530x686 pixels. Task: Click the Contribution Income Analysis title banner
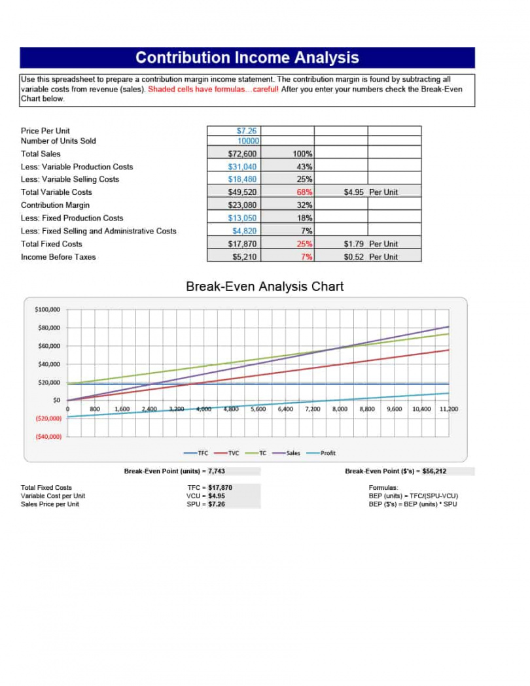[247, 58]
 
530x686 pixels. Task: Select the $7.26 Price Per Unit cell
[247, 131]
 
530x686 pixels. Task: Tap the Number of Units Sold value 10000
[248, 141]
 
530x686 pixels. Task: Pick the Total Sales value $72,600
[245, 154]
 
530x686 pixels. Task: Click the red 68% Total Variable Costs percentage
[305, 192]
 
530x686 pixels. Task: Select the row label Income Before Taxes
[58, 257]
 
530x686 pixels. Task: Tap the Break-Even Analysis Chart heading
[264, 286]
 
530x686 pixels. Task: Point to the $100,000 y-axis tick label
[47, 309]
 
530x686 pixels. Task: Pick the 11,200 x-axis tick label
[449, 409]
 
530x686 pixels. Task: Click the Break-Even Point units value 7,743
[217, 471]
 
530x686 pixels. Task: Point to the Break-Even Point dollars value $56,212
[433, 471]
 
